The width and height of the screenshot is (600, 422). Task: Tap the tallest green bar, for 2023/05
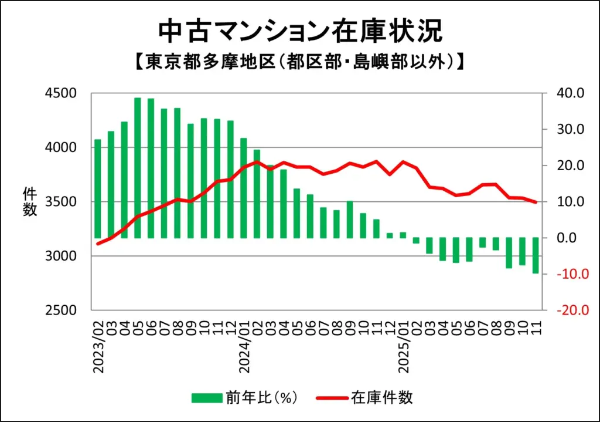pyautogui.click(x=138, y=168)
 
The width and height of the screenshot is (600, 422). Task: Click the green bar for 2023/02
pyautogui.click(x=98, y=188)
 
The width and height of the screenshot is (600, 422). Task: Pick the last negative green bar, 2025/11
pyautogui.click(x=536, y=256)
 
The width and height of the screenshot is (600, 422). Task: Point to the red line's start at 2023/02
pyautogui.click(x=98, y=244)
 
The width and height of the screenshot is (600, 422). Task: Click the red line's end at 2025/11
pyautogui.click(x=536, y=202)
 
